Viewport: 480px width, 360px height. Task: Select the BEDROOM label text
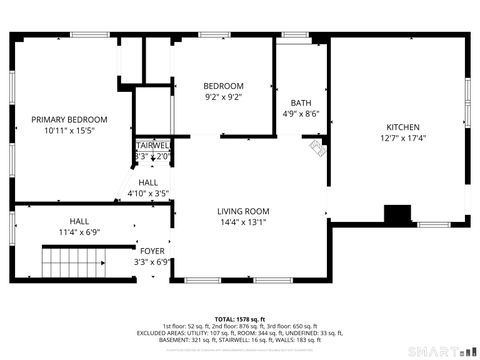click(223, 86)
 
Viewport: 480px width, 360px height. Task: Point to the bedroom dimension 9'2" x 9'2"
click(223, 97)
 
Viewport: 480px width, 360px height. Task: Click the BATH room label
click(300, 103)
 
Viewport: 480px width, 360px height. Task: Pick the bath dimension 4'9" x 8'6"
click(300, 114)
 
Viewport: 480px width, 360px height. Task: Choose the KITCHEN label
click(403, 126)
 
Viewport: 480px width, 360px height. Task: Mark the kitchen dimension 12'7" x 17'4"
click(403, 138)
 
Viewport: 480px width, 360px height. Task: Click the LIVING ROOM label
click(244, 211)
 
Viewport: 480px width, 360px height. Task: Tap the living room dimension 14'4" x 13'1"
click(244, 223)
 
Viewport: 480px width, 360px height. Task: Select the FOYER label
click(152, 251)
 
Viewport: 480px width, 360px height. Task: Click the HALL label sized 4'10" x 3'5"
click(148, 182)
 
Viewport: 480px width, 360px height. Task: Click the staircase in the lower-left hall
click(73, 266)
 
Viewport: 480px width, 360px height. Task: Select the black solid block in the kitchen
click(398, 214)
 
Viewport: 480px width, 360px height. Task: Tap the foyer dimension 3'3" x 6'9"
click(152, 262)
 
